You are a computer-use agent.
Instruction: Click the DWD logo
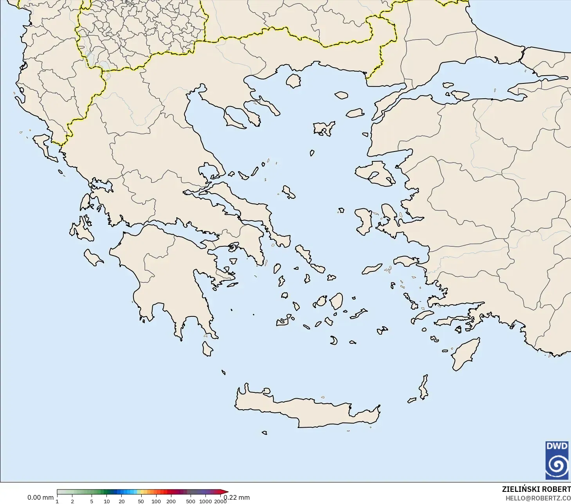557,460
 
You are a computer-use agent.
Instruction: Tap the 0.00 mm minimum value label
40,497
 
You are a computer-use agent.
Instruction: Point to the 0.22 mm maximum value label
237,497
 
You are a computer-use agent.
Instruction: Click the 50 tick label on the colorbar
140,501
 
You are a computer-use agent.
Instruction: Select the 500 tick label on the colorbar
190,501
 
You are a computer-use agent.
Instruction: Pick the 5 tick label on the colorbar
92,501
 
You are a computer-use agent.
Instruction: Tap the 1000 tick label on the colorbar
205,501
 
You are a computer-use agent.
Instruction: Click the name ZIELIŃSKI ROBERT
536,489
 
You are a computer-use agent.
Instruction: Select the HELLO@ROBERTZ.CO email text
538,498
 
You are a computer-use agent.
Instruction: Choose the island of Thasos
293,81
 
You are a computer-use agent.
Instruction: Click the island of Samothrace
341,95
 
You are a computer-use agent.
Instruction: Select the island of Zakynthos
94,257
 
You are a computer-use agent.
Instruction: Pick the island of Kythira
207,349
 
